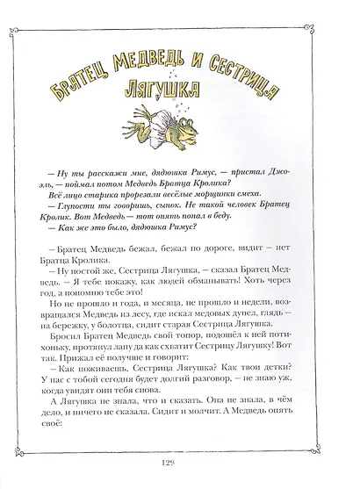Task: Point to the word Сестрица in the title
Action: click(249, 81)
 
